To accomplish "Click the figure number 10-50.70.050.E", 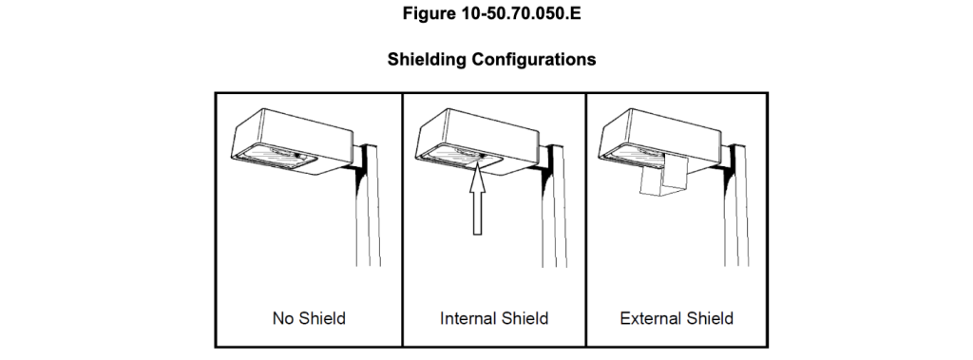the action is point(521,13).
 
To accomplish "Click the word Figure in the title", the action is point(429,13).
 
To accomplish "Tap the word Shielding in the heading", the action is point(427,60).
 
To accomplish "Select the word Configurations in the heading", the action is point(534,60).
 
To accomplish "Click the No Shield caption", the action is point(309,318).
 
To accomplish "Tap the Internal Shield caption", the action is point(494,318).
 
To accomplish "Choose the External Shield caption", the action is point(677,318).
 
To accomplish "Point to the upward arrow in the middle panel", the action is point(477,199).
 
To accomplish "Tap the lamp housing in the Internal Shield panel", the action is point(478,142).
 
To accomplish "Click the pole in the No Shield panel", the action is point(368,205).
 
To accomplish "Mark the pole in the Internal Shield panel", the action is point(554,205).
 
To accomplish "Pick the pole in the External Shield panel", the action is point(736,205).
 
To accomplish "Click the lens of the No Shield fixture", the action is point(277,155).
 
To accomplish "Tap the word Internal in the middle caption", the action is point(466,318).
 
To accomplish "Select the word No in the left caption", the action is point(281,318).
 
